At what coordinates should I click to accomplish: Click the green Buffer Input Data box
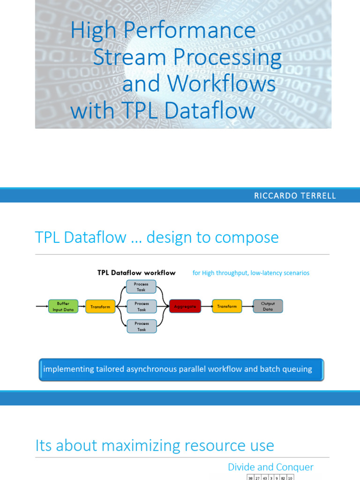63,307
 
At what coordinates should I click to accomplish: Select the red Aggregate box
185,307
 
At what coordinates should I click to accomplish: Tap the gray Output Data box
268,307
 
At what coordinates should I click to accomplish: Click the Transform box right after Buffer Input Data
100,307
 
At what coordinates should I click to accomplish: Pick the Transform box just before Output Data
227,307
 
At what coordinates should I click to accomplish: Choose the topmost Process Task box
141,287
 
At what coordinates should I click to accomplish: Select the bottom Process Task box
142,326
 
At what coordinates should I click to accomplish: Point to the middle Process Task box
142,307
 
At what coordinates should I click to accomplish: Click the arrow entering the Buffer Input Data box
42,307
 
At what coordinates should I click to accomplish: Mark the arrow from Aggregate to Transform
206,307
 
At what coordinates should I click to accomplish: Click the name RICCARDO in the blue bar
274,196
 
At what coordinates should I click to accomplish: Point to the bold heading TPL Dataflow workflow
136,273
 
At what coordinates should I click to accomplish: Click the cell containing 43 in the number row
265,478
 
